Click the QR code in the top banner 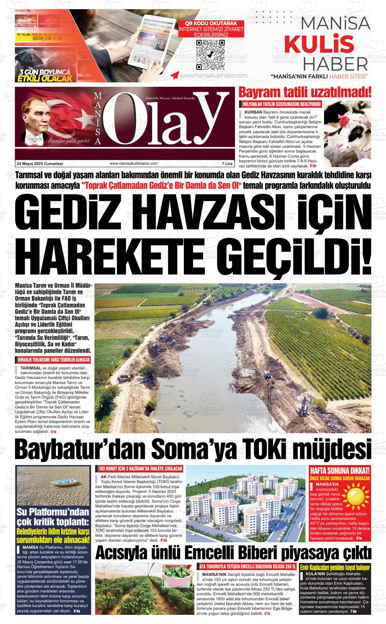tap(211, 54)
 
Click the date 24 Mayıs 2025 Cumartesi tap(40, 163)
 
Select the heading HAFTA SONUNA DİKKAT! tap(340, 470)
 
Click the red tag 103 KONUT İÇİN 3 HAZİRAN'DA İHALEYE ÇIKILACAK tap(140, 469)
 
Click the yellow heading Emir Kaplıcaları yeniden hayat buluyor tap(335, 567)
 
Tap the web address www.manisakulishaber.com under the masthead tap(134, 163)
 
